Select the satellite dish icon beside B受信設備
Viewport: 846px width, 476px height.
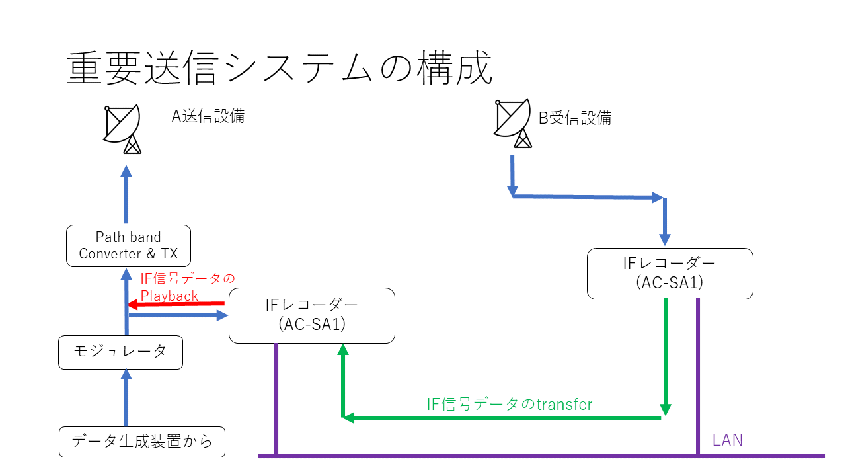tap(514, 123)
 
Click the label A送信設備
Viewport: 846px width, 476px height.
tap(208, 116)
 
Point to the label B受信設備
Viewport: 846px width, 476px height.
tap(574, 118)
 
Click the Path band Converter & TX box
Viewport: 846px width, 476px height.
tap(128, 245)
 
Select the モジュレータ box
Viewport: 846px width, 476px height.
tap(120, 352)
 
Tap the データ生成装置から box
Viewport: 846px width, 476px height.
tap(141, 442)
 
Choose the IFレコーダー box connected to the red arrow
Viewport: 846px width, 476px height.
tap(311, 315)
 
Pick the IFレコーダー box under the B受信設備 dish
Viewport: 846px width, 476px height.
tap(670, 273)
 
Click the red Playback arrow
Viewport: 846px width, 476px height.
tap(176, 304)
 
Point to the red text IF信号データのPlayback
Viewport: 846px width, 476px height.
tap(188, 286)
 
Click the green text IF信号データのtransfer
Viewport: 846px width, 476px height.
tap(509, 404)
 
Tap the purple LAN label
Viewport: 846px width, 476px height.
tap(727, 440)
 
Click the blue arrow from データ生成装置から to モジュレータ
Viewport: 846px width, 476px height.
tap(126, 398)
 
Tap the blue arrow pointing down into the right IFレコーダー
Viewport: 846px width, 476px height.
tap(665, 221)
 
